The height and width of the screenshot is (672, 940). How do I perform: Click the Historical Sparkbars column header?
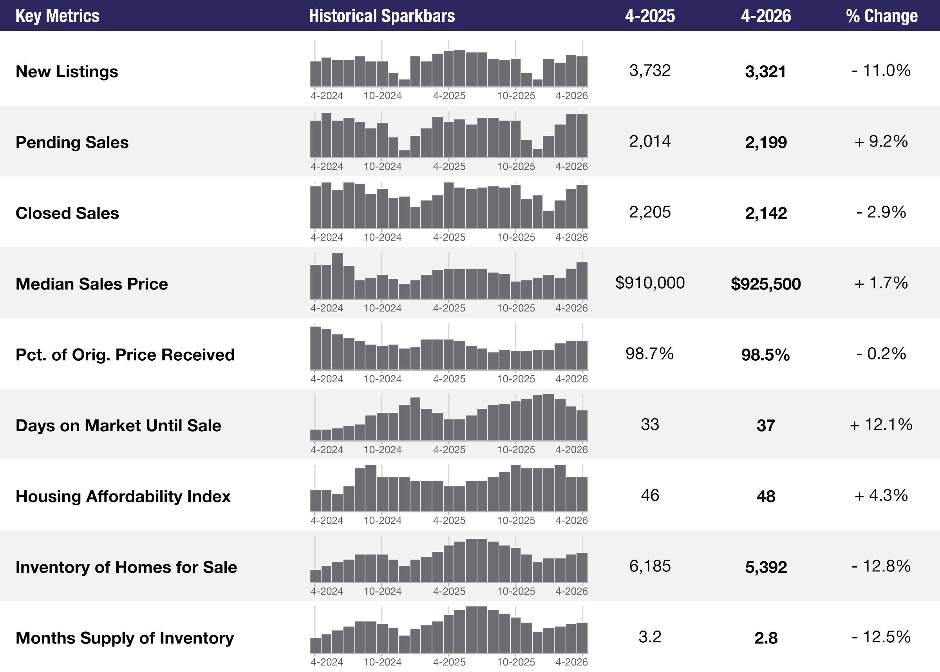pos(381,16)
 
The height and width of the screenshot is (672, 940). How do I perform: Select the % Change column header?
pos(882,16)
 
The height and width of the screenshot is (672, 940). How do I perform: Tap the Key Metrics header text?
pos(58,16)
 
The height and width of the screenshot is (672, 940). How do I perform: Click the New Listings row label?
pos(67,72)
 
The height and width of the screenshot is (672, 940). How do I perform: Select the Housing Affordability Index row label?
pos(123,497)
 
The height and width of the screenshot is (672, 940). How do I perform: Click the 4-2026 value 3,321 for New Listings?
pos(765,72)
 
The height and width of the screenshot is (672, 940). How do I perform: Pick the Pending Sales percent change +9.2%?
pos(881,141)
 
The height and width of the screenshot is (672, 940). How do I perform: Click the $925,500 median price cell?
pos(765,284)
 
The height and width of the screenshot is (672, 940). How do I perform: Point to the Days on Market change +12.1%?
pos(881,425)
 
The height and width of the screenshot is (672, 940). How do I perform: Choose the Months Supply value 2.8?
pos(766,638)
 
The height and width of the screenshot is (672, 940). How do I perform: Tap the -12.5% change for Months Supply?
pos(881,637)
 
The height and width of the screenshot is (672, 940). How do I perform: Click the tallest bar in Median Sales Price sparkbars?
pos(337,276)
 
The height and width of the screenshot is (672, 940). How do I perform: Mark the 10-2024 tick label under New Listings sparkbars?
pos(382,96)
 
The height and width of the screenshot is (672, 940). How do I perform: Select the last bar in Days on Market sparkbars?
pos(582,425)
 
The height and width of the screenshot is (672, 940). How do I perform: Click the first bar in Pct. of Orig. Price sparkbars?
pos(316,348)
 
